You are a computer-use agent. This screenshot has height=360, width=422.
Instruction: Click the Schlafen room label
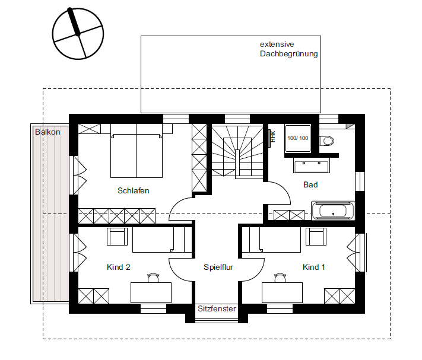133,190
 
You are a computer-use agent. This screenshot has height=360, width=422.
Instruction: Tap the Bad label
310,184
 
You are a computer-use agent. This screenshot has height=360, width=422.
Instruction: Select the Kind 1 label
313,267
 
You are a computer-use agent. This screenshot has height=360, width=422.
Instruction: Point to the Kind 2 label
119,267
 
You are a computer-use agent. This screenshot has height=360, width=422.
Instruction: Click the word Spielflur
218,267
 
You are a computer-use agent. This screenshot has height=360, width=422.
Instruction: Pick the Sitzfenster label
217,308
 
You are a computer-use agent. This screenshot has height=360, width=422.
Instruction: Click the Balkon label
47,132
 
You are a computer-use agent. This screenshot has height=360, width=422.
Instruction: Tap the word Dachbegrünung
289,54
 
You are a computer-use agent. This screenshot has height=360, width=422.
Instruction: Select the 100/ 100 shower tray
298,138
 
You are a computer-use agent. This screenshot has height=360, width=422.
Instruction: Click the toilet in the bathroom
326,141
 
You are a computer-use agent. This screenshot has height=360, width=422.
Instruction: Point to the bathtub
333,211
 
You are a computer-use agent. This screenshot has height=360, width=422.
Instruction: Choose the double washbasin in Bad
312,165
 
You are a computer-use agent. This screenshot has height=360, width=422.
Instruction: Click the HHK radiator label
273,136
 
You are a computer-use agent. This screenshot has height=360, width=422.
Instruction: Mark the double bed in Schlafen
137,151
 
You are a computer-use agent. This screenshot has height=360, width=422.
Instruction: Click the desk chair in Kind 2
153,278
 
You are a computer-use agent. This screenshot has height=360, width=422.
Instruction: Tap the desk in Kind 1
282,292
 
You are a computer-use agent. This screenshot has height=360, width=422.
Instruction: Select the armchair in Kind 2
117,237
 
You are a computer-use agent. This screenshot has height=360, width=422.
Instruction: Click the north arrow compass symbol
78,33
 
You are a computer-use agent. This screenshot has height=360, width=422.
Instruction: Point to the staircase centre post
237,163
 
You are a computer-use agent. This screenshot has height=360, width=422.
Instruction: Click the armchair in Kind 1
316,237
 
